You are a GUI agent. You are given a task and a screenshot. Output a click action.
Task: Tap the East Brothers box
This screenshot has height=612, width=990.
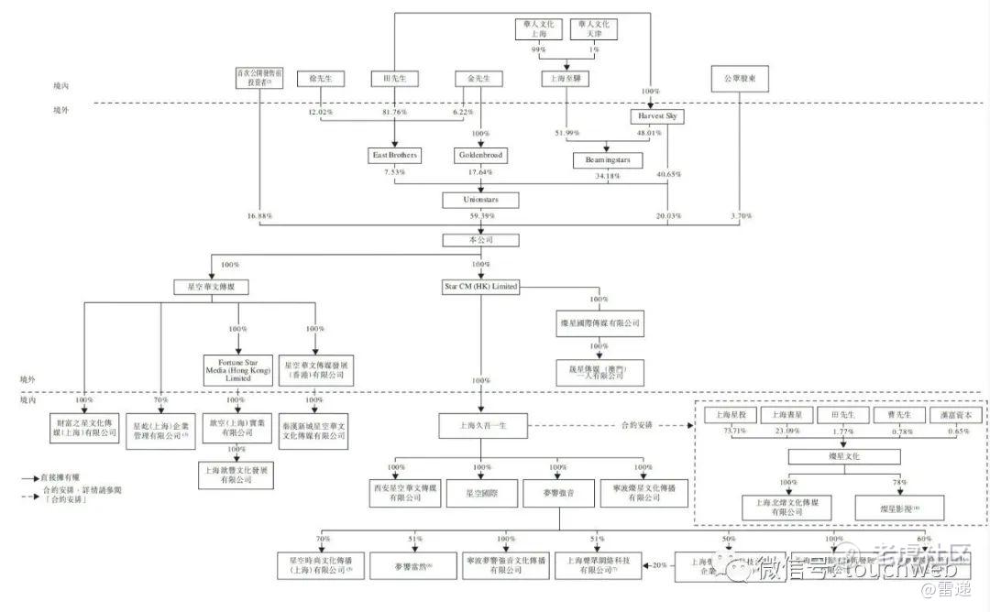pyautogui.click(x=395, y=156)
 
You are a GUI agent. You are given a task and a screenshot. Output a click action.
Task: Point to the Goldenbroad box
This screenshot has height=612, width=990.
pyautogui.click(x=480, y=156)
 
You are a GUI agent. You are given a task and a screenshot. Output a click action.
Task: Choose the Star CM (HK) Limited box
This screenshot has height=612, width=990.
pyautogui.click(x=479, y=287)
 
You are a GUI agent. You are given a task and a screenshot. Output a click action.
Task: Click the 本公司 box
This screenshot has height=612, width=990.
pyautogui.click(x=480, y=240)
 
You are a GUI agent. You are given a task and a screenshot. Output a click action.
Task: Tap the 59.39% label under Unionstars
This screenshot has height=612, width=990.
pyautogui.click(x=481, y=217)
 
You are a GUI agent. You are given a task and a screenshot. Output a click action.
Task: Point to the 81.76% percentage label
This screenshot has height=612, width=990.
pyautogui.click(x=395, y=113)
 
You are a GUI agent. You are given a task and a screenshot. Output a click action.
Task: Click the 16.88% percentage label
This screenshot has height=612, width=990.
pyautogui.click(x=260, y=217)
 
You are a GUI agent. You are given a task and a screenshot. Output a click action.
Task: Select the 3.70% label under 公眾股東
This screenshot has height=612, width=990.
pyautogui.click(x=741, y=217)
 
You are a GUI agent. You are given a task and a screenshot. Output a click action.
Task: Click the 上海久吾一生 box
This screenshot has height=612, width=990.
pyautogui.click(x=480, y=426)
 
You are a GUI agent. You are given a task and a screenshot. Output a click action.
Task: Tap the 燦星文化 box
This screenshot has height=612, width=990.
pyautogui.click(x=841, y=455)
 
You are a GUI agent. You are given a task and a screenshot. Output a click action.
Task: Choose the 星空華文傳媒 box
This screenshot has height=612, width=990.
pyautogui.click(x=212, y=287)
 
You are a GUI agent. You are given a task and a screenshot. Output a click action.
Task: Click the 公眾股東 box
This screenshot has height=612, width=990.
pyautogui.click(x=739, y=80)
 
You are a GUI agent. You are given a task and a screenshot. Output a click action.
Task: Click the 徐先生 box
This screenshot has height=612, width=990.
pyautogui.click(x=320, y=80)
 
